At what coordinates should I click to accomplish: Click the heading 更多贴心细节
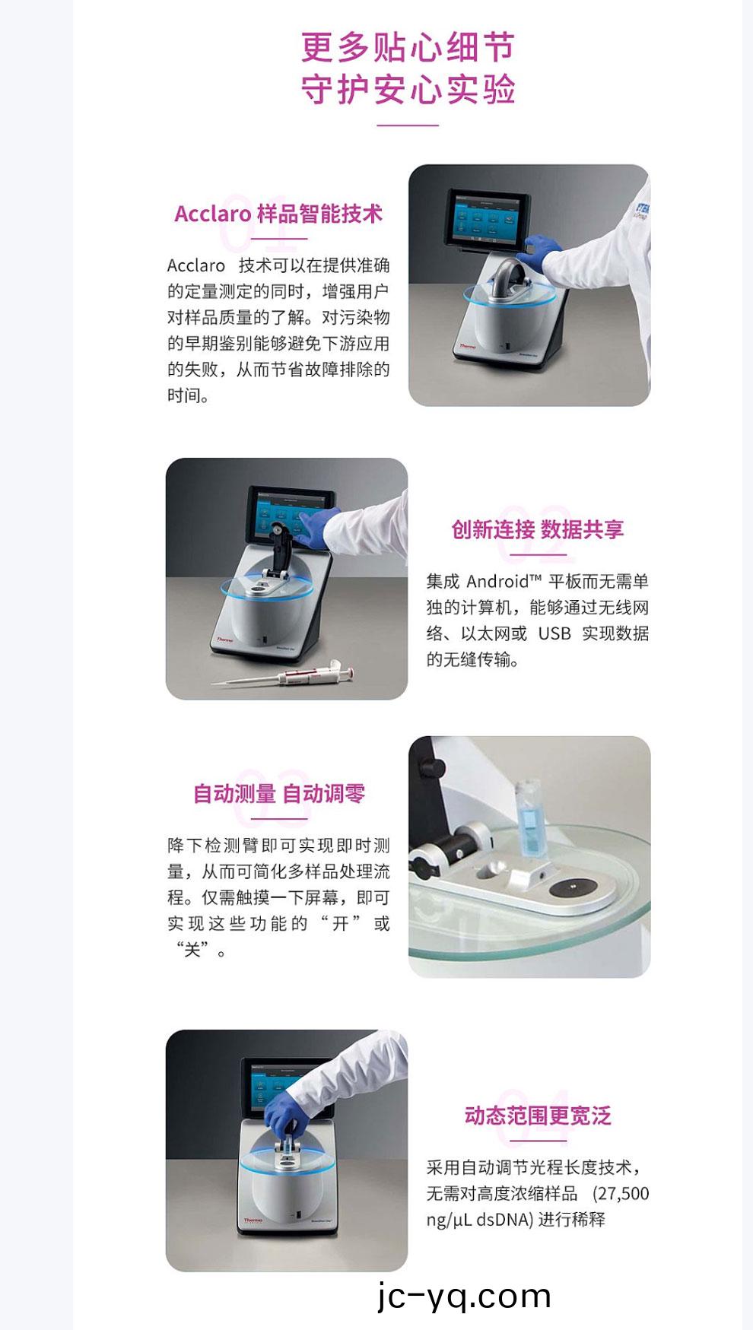point(408,47)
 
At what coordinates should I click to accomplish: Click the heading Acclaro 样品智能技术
point(278,214)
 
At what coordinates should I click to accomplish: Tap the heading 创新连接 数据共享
point(538,529)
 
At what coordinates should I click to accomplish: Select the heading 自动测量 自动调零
point(279,794)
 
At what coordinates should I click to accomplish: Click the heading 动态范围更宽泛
point(538,1116)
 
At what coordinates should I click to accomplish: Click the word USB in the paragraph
point(554,633)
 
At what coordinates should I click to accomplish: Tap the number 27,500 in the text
point(623,1193)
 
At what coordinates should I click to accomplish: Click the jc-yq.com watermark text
point(464,1296)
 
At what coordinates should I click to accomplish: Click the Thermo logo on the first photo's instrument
point(467,346)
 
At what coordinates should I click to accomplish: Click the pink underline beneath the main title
point(408,125)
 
